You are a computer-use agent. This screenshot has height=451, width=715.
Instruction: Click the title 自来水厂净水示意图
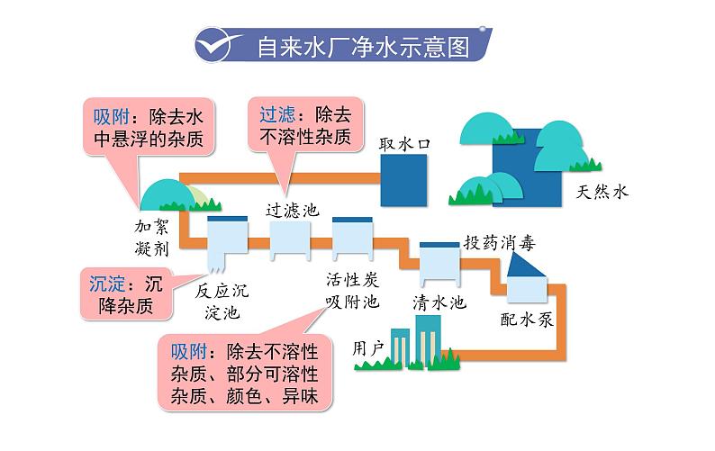pyautogui.click(x=363, y=46)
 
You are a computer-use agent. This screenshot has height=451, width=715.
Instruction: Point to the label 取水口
pyautogui.click(x=405, y=143)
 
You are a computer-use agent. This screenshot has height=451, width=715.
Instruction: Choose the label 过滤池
pyautogui.click(x=293, y=209)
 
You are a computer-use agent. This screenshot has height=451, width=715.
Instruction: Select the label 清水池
pyautogui.click(x=439, y=302)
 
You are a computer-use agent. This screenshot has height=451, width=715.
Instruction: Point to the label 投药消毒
pyautogui.click(x=500, y=241)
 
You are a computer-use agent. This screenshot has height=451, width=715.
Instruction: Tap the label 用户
pyautogui.click(x=369, y=347)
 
